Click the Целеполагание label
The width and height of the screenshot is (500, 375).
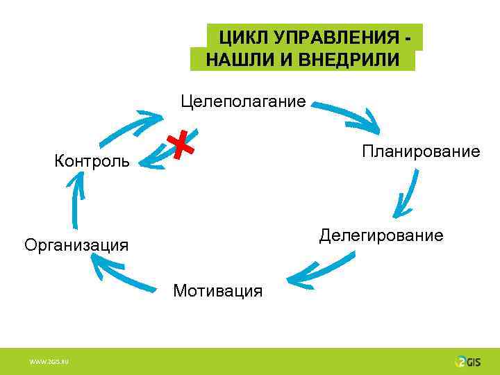[242, 101]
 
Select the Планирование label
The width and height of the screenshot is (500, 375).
[420, 151]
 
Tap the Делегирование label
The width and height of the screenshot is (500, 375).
[381, 235]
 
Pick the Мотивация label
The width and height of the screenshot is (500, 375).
[218, 290]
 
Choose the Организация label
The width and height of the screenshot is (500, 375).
[76, 244]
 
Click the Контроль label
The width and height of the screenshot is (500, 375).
[92, 162]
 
